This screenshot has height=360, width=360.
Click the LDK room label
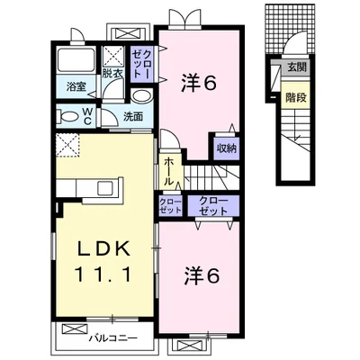click(x=104, y=247)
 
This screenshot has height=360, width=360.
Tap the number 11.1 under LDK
click(x=103, y=274)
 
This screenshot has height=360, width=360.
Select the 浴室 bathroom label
click(x=76, y=86)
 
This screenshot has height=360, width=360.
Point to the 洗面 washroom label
click(x=133, y=116)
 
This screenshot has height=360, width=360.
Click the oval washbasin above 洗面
click(x=142, y=96)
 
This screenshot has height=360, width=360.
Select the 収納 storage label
click(x=227, y=148)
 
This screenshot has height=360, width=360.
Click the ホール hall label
click(x=169, y=172)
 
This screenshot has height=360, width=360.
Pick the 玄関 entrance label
click(x=297, y=67)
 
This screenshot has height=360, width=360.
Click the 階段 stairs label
click(x=296, y=97)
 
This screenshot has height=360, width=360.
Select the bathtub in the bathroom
click(x=76, y=59)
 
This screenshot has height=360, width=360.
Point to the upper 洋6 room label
click(x=199, y=84)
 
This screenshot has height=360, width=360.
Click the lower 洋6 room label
click(x=202, y=276)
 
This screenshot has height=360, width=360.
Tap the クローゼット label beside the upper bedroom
click(x=142, y=64)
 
